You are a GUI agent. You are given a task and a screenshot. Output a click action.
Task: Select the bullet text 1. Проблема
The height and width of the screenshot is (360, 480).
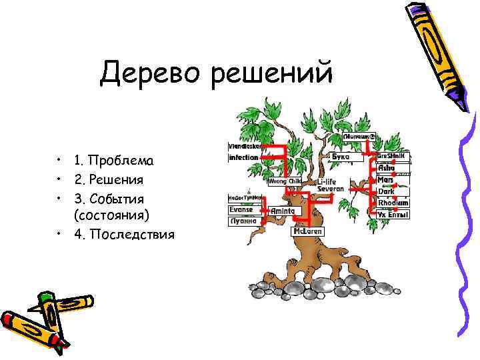(x=113, y=161)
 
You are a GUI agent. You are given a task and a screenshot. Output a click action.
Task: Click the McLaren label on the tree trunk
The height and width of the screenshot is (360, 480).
(x=308, y=231)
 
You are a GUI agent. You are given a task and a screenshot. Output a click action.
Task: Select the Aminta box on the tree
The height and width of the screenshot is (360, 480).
(x=283, y=211)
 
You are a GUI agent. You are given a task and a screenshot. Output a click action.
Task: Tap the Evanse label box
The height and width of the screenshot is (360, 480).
(x=241, y=209)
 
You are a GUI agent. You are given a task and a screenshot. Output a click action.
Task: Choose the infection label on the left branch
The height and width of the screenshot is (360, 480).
(x=243, y=158)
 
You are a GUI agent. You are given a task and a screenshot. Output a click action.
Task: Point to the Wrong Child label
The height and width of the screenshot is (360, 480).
(x=284, y=181)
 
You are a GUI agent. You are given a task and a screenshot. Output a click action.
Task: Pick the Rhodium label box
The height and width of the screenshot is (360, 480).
(x=393, y=203)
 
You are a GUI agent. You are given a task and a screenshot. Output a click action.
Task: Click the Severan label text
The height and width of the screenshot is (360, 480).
(x=331, y=189)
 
